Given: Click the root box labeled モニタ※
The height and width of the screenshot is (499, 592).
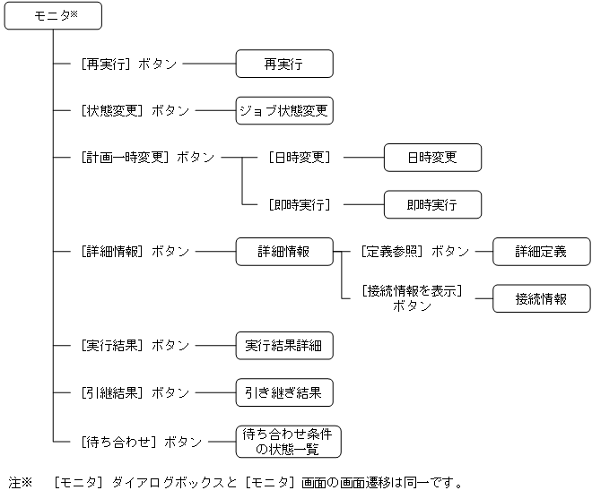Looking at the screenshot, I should click(53, 15).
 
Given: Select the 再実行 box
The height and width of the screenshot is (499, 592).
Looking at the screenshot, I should click(284, 64).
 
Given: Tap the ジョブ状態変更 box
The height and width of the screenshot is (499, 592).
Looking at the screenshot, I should click(284, 111).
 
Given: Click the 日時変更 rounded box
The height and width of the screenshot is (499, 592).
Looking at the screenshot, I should click(432, 158).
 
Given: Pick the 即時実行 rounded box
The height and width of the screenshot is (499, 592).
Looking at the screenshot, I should click(432, 204).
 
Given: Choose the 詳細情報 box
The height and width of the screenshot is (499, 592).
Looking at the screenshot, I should click(284, 252).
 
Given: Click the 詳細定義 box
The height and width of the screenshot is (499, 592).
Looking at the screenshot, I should click(541, 252).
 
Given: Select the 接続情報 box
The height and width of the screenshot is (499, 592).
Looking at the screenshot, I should click(541, 299).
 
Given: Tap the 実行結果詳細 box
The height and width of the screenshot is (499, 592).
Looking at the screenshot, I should click(284, 346).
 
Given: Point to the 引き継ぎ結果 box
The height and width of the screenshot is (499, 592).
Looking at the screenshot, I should click(284, 392).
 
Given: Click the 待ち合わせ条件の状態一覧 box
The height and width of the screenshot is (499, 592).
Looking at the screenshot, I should click(287, 441).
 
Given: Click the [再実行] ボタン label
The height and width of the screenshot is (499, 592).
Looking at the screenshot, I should click(128, 65).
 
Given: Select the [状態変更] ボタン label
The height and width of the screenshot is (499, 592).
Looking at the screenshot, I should click(135, 111).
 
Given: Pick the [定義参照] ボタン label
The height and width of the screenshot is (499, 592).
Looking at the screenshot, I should click(414, 252).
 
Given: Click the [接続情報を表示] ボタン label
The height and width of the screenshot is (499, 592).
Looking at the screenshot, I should click(412, 298).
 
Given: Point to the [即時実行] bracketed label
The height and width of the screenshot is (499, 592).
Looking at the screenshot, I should click(300, 205).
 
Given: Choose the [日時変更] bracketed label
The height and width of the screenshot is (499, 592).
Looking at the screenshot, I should click(300, 158).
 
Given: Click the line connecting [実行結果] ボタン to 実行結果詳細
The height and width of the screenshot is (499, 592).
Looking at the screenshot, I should click(215, 346).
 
